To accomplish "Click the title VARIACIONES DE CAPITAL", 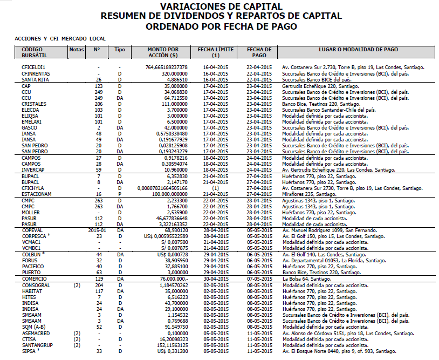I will coord(221,6).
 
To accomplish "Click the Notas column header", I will coord(77,49).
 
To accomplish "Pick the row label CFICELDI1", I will coord(33,67).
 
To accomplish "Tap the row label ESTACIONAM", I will coord(37,193).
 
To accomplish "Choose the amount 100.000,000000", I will coord(167,193).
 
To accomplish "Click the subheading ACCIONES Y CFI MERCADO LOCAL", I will coord(60,39).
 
